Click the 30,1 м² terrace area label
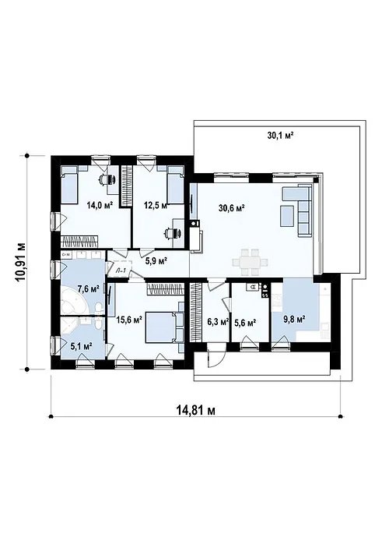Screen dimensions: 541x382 tap(279, 135)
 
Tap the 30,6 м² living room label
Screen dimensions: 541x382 tap(232, 207)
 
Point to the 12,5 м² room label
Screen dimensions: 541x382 tap(156, 205)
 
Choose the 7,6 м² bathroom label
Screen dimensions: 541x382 tap(89, 288)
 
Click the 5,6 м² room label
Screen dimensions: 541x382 tap(245, 320)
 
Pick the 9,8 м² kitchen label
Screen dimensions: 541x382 tap(293, 318)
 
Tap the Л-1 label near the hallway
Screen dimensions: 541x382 tap(121, 270)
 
